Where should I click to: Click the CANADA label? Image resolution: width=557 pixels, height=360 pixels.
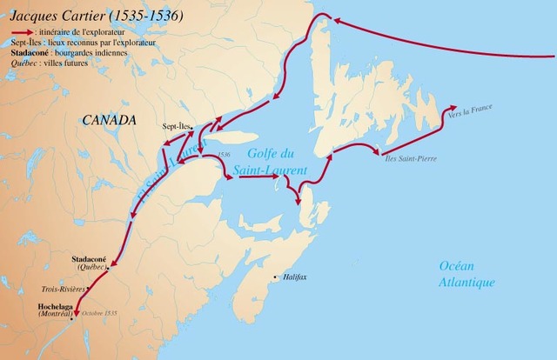click(x=110, y=118)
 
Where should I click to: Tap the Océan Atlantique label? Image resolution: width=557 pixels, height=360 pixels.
click(x=466, y=275)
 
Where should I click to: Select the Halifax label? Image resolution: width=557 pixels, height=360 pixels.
click(x=295, y=278)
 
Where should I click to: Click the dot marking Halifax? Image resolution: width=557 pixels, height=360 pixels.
click(x=276, y=278)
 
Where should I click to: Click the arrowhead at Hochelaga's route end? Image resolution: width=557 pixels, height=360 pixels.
click(x=77, y=315)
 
